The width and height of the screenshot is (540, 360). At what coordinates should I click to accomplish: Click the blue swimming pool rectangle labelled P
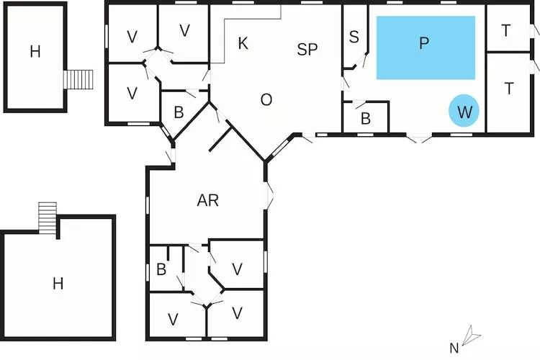coord(426,48)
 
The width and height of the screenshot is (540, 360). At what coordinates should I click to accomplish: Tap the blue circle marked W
coord(464,112)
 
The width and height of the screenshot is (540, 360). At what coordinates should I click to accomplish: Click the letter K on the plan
coord(243,44)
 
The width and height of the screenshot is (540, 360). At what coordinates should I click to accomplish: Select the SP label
coord(307,49)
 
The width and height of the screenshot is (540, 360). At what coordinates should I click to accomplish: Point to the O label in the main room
coord(266,100)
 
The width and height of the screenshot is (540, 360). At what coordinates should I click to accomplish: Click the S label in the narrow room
coord(354,37)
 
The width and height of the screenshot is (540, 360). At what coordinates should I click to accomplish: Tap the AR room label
coord(207,201)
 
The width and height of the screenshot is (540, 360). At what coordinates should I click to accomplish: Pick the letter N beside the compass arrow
coord(454,348)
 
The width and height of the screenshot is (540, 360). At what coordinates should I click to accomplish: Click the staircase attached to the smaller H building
coord(79,79)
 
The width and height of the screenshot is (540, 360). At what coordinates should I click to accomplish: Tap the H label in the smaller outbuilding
coord(35,51)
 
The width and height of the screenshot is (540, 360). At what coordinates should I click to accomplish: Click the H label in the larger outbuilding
coord(58,284)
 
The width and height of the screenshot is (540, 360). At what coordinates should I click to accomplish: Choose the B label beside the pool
coord(365,119)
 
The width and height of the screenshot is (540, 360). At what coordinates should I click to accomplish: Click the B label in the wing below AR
coord(161,271)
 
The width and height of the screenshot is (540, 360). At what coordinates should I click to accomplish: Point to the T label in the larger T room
coord(509,89)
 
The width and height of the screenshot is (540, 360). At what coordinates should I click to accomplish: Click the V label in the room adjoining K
coord(184,30)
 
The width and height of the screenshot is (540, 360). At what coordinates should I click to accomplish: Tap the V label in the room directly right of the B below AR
coord(237,269)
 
